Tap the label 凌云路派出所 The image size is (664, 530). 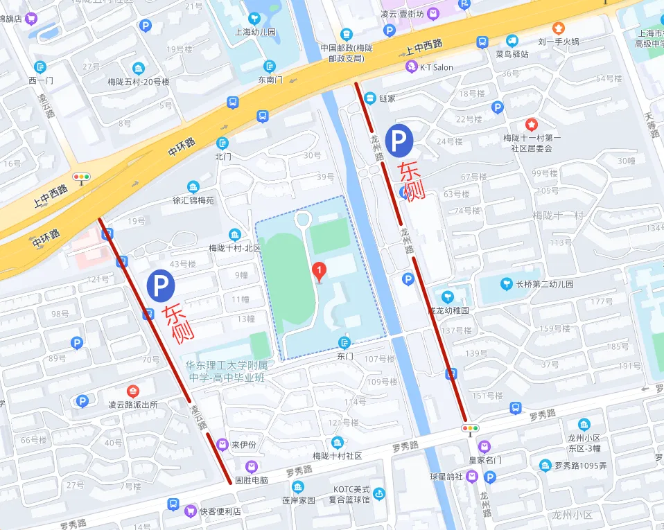tap(133, 405)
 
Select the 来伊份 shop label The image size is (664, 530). tap(243, 444)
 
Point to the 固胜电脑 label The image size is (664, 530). tap(251, 479)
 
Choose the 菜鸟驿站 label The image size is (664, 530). tap(512, 53)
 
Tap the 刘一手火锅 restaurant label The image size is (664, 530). tap(559, 41)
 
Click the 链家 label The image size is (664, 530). tap(387, 98)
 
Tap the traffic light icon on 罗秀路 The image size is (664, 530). tap(471, 429)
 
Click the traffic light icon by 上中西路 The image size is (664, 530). tap(82, 177)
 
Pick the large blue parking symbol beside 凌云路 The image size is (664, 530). tap(161, 284)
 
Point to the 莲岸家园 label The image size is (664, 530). tap(298, 500)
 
